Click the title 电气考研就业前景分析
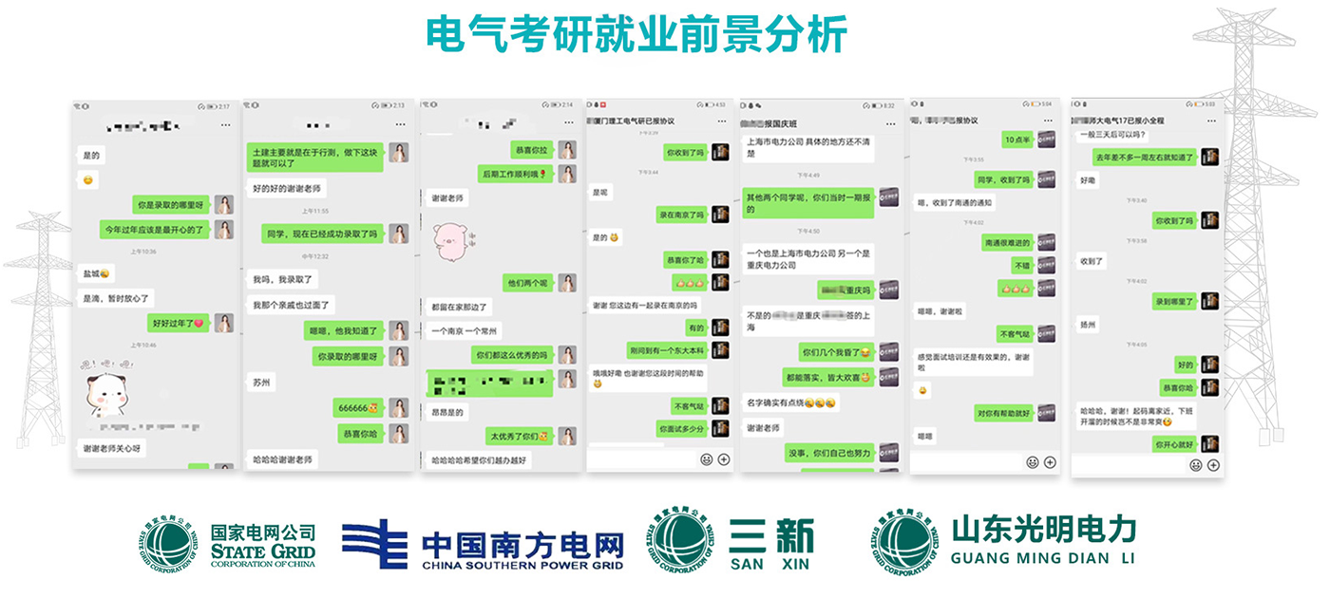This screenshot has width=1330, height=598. pyautogui.click(x=636, y=35)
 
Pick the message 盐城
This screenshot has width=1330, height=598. pyautogui.click(x=96, y=273)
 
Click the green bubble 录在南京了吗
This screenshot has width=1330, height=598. pyautogui.click(x=681, y=215)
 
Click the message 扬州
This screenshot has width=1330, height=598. pyautogui.click(x=1089, y=325)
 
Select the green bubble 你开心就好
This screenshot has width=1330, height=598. pyautogui.click(x=1174, y=443)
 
